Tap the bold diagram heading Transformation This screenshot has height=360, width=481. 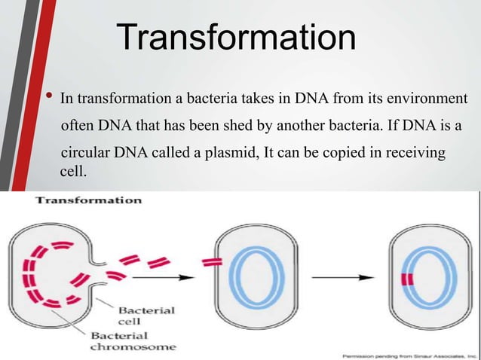90,201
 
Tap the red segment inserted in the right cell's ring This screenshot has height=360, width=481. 407,279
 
